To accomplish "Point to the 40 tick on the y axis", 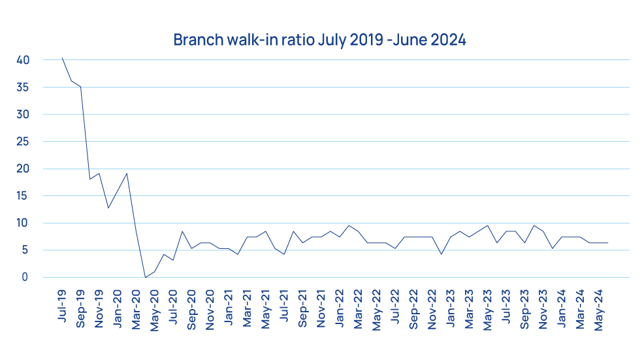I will pos(23,60).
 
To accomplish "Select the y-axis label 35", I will pos(23,88).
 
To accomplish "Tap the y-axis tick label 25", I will pos(23,142).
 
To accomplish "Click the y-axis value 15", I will pos(23,196).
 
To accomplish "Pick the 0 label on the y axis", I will pos(25,278).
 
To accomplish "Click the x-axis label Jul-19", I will pos(63,306).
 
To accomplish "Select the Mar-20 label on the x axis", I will pos(136,307).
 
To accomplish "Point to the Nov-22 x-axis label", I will pos(432,307).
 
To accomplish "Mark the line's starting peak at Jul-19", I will pos(62,57).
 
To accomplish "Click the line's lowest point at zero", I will pos(145,278).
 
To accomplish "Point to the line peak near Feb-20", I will pos(127,173).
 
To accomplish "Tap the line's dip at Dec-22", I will pos(441,254).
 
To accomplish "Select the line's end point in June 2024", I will pos(608,243).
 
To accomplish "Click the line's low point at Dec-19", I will pos(108,208).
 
